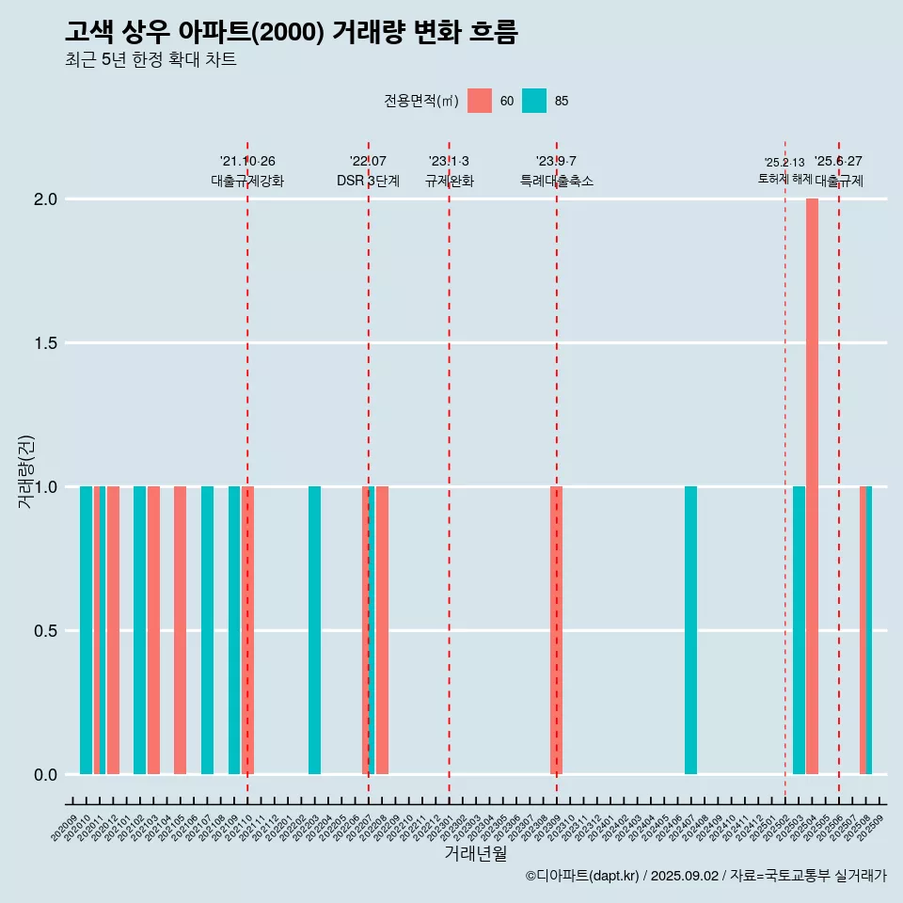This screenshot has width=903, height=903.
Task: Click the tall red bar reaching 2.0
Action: point(812,486)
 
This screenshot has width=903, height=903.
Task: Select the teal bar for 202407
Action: point(690,630)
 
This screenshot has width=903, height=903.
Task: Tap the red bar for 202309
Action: point(556,630)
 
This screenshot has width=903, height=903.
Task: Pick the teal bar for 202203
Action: point(314,630)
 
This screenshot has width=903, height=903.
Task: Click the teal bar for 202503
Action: point(799,630)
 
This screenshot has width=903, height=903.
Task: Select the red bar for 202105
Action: point(180,630)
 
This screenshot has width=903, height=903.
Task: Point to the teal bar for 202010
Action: point(86,630)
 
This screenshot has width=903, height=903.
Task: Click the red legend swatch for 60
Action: point(480,101)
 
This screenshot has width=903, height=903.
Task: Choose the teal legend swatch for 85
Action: point(534,101)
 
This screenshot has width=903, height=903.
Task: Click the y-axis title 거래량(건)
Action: point(25,471)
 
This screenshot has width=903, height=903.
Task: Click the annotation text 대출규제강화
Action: point(247,180)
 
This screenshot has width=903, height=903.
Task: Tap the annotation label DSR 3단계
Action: point(368,180)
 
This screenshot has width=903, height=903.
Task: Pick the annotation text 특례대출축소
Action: point(557,180)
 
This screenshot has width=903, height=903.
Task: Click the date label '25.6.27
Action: point(838,162)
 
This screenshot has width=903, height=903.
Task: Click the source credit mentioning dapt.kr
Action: point(705,876)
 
